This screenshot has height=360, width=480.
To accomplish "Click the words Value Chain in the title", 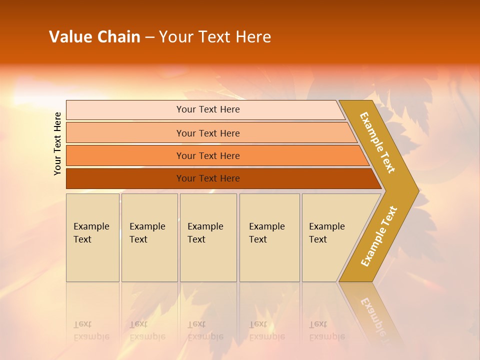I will (94, 37).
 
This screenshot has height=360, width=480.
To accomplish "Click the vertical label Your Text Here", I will (57, 144).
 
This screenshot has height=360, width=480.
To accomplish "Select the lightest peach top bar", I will (125, 110).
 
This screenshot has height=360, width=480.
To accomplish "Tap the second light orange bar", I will (125, 133).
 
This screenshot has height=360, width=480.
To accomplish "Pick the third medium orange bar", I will (125, 156).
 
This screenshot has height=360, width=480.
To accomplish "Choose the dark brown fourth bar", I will (125, 178).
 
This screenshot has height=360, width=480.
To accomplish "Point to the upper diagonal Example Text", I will (377, 142).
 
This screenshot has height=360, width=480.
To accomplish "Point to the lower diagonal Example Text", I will (378, 236).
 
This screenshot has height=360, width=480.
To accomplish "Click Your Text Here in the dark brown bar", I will (208, 178).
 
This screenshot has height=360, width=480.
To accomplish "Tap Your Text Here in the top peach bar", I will (208, 109).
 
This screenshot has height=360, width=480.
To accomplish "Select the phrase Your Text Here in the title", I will (215, 37).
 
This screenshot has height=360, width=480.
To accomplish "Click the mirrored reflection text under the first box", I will (91, 331).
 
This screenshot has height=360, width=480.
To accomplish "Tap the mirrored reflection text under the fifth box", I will (326, 331).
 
